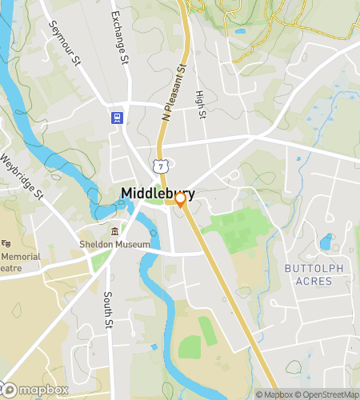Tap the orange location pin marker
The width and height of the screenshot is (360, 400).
(181, 200)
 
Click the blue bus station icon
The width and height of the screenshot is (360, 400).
(117, 118)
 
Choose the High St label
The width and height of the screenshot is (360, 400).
(201, 106)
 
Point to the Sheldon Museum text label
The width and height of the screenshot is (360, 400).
(114, 244)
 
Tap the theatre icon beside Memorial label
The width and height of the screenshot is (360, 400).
(6, 243)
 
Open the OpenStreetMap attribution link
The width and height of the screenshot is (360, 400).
(328, 394)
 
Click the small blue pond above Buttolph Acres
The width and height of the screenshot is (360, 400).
(326, 242)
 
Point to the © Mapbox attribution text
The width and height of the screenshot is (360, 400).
(274, 394)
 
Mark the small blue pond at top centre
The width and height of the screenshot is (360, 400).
(240, 32)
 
